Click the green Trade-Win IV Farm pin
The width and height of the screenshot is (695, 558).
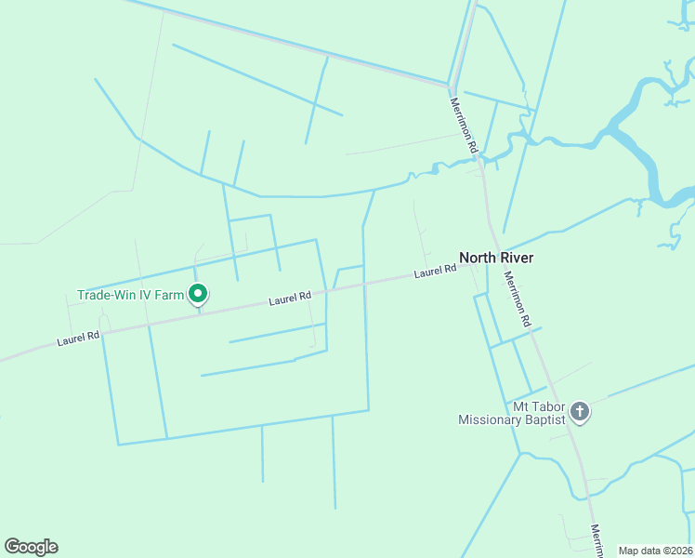click(197, 295)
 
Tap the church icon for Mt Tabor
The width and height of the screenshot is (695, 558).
click(580, 411)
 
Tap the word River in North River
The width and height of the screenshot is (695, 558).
click(517, 258)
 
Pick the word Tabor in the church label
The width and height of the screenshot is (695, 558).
click(549, 406)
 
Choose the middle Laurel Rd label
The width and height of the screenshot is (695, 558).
click(290, 299)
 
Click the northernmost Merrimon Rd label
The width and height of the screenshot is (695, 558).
click(464, 126)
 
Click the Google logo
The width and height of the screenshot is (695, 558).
click(31, 547)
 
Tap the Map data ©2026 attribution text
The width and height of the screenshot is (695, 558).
click(655, 551)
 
